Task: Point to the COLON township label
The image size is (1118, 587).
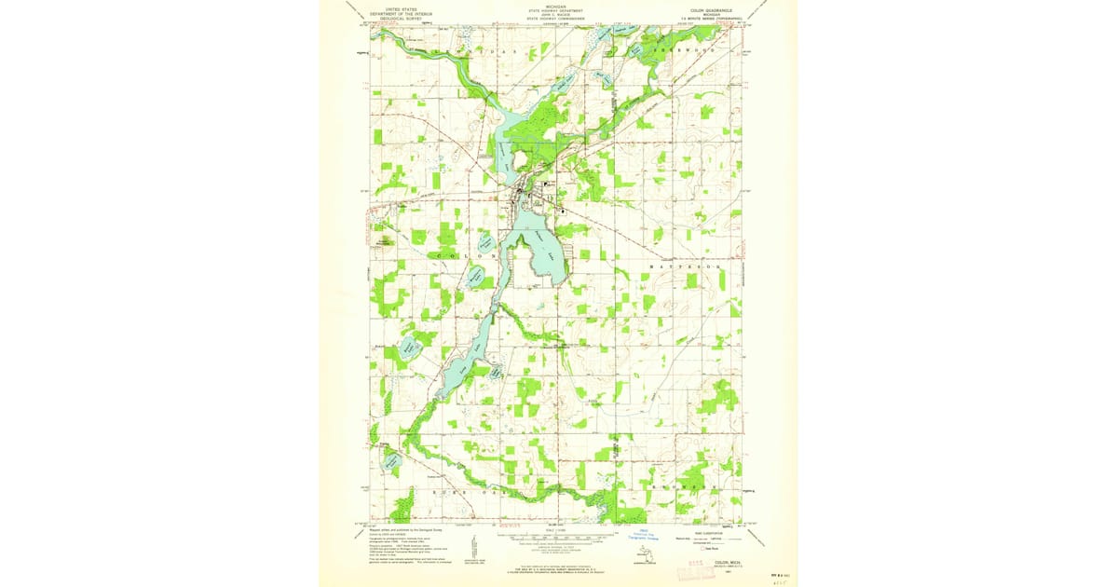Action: [x=462, y=254]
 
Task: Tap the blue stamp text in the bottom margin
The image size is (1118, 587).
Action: [x=642, y=534]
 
